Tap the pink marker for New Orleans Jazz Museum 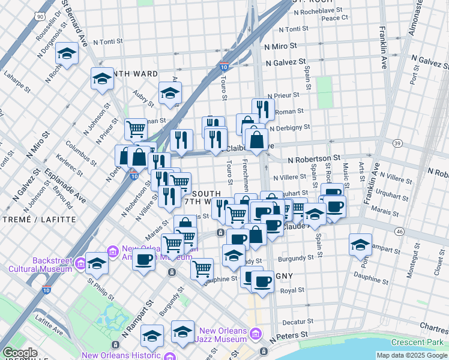[256, 333]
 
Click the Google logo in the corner [20, 353]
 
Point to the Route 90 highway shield [40, 16]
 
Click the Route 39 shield [397, 142]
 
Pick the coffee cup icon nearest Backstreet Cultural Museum [143, 260]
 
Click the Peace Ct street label [335, 18]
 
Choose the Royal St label [292, 290]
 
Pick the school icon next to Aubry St [170, 93]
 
